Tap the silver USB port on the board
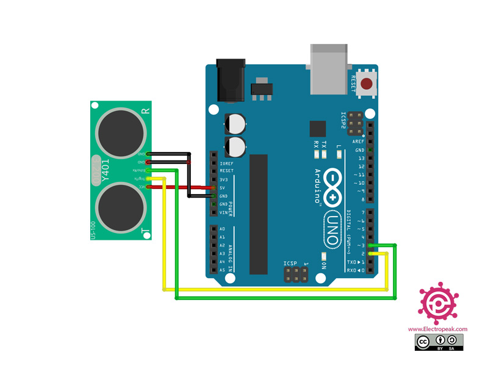point(331,68)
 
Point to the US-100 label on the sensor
point(93,229)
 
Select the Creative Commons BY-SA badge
point(438,343)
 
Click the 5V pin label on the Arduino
point(223,188)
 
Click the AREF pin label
point(359,142)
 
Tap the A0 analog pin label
point(223,229)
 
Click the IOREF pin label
point(226,163)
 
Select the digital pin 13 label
point(361,158)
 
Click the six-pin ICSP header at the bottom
point(295,274)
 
